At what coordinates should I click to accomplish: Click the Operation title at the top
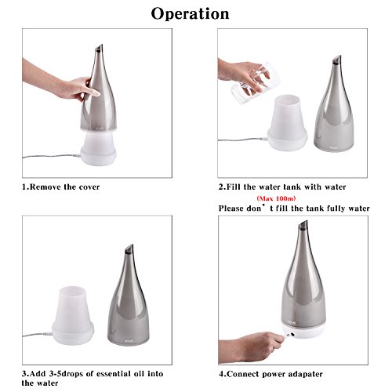click(190, 14)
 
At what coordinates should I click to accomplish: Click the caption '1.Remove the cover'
click(60, 187)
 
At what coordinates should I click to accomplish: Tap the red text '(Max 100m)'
click(276, 198)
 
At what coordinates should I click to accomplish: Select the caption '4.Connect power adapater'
click(270, 374)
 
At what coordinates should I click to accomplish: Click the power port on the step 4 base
click(292, 334)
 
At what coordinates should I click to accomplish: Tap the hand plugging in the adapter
click(251, 347)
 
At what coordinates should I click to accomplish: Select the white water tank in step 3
click(73, 315)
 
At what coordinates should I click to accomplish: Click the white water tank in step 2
click(287, 123)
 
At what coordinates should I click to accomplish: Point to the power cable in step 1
click(52, 156)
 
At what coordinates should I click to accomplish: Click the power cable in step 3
click(38, 335)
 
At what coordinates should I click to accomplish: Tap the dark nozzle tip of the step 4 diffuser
click(303, 225)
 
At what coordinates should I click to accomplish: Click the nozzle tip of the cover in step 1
click(100, 48)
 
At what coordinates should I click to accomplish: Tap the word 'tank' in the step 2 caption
click(293, 187)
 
